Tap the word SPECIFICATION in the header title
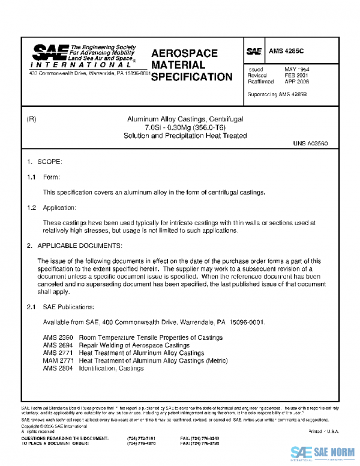(191, 77)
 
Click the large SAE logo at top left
(50, 53)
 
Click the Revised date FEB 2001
(296, 76)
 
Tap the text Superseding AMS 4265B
(277, 94)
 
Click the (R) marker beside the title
(32, 120)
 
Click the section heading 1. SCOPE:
(44, 163)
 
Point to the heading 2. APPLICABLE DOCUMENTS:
(74, 246)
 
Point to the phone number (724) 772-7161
(142, 439)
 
